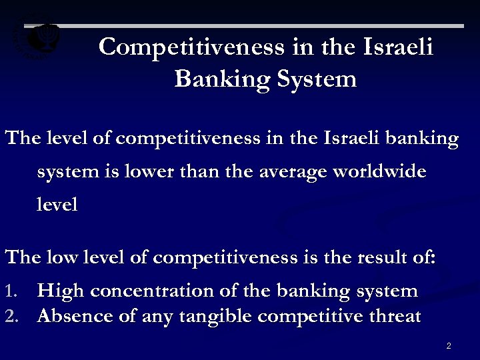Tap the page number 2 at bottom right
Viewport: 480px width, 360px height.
tap(449, 346)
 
